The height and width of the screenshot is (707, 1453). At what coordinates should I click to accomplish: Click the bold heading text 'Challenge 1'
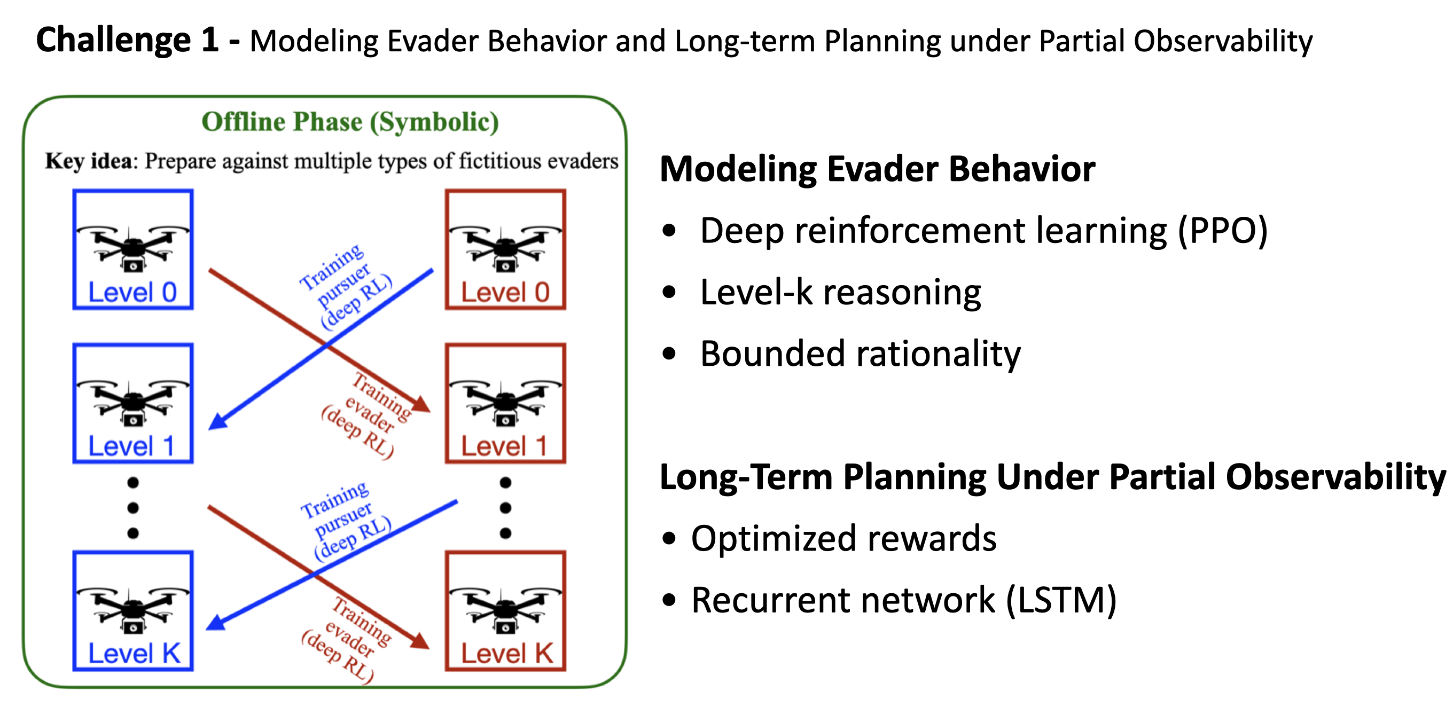(x=127, y=41)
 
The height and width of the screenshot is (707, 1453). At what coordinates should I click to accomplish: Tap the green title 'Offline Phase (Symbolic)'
(x=350, y=122)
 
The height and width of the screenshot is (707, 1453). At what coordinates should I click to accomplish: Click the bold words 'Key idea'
(x=89, y=162)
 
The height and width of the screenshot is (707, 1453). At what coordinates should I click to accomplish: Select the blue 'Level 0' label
(x=132, y=293)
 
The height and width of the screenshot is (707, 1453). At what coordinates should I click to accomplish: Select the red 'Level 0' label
(x=505, y=293)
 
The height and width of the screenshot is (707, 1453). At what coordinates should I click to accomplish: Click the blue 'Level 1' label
(x=131, y=446)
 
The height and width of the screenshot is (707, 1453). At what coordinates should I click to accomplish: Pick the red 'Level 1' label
(x=504, y=446)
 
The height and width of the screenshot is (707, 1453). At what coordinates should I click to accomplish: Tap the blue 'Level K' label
(x=134, y=654)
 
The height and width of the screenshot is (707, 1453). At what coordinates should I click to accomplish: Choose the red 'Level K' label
(x=506, y=654)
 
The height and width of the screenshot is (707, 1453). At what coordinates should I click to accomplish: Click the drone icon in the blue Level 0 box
(x=133, y=248)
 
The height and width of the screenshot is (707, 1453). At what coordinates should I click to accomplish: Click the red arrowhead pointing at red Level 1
(x=421, y=404)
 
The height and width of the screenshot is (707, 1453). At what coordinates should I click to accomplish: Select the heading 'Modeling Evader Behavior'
(x=877, y=169)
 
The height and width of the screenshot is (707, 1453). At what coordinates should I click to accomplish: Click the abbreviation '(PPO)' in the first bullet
(x=1223, y=231)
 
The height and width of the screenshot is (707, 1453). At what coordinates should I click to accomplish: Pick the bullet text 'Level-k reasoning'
(x=840, y=293)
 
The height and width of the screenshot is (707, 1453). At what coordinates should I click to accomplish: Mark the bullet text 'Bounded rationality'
(x=860, y=354)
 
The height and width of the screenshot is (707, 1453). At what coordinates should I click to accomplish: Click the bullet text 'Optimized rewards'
(x=843, y=538)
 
